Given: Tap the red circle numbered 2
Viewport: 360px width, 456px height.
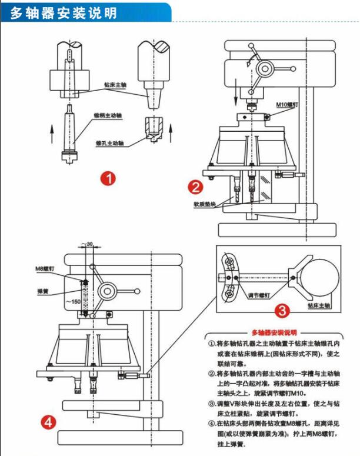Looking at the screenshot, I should click(x=195, y=187).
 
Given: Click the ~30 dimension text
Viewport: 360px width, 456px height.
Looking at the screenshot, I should click(x=89, y=244).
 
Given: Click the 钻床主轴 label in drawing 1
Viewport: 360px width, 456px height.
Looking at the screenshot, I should click(x=116, y=84).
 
